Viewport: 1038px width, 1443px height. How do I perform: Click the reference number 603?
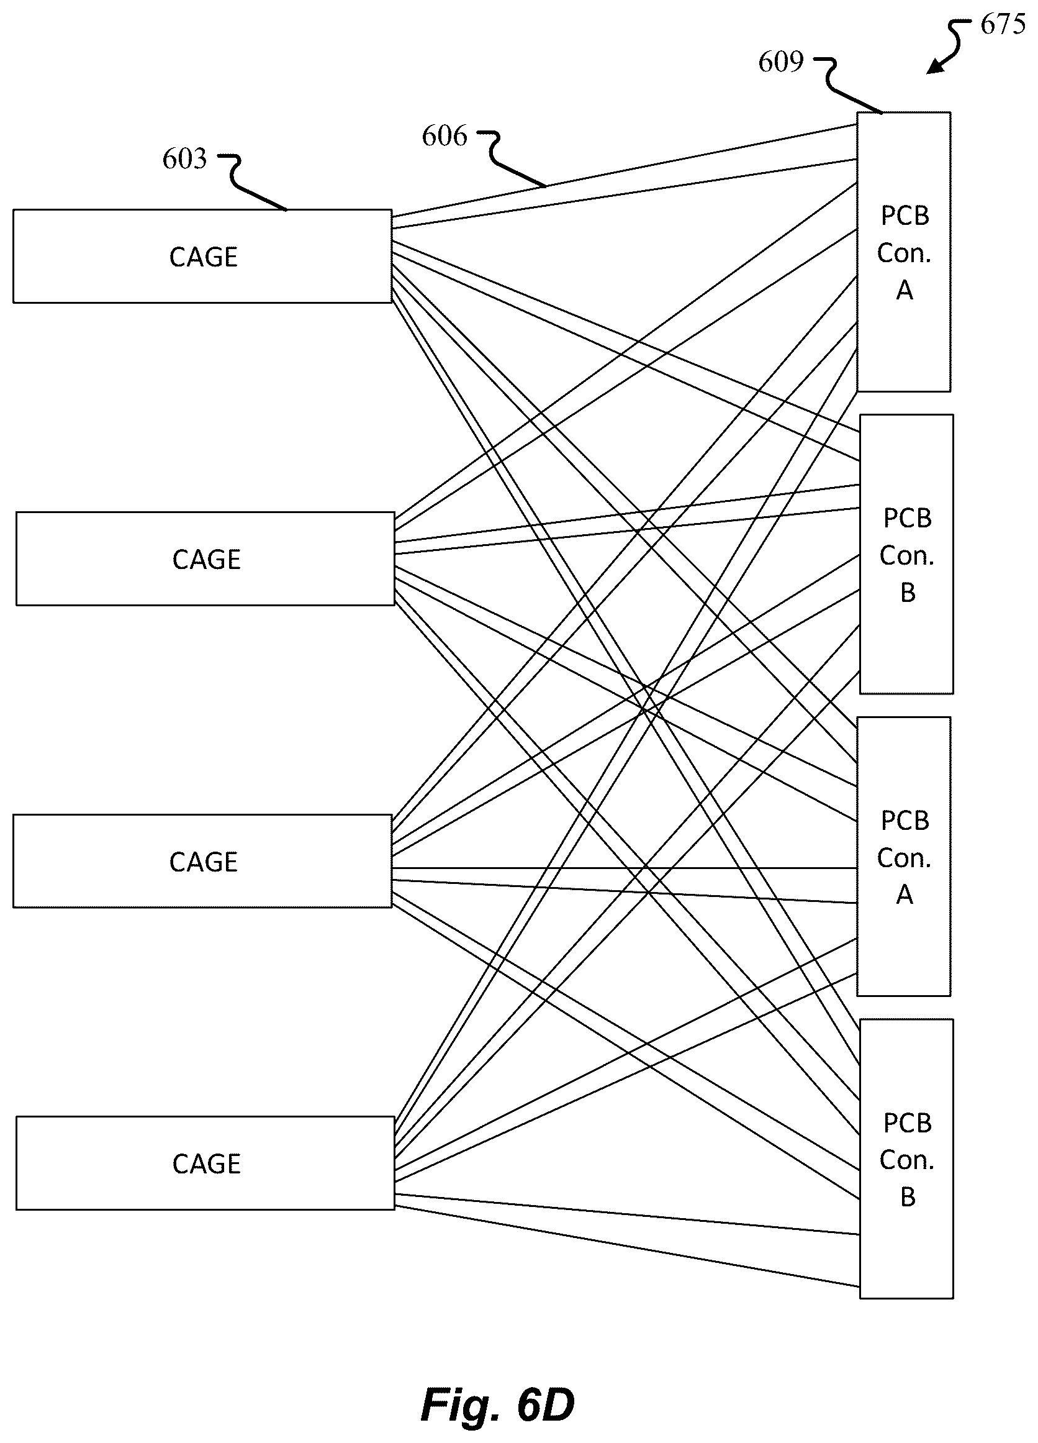[184, 159]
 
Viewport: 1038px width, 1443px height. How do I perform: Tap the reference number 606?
[444, 136]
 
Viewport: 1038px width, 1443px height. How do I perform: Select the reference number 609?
[781, 62]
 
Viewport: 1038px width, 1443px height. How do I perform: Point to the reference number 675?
[1003, 25]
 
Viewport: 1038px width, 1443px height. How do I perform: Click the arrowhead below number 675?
[933, 67]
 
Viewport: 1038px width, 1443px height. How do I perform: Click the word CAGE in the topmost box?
[204, 257]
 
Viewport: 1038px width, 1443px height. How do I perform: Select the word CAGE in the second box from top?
[207, 560]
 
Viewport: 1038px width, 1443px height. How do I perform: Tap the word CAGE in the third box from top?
[204, 862]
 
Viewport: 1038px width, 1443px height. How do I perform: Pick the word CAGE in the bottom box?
[207, 1164]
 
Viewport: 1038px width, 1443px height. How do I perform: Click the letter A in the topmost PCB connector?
[905, 290]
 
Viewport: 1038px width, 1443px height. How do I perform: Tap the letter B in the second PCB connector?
[908, 593]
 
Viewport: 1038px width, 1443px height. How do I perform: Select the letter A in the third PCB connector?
[905, 895]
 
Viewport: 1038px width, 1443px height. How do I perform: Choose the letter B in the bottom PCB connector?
[908, 1198]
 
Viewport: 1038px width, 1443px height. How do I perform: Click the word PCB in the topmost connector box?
[905, 216]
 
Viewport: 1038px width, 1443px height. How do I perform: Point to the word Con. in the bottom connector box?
[907, 1160]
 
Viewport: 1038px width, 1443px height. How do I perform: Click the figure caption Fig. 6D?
[497, 1404]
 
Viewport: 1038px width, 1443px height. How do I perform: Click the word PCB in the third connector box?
[905, 821]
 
